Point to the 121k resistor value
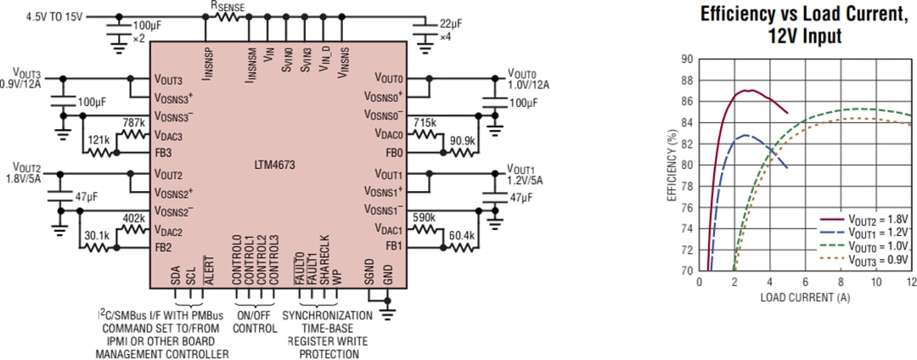click(x=97, y=139)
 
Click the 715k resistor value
click(x=425, y=123)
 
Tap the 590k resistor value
click(x=425, y=217)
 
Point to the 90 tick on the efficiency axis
click(x=687, y=59)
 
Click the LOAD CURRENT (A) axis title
click(x=804, y=298)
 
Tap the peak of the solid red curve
click(x=748, y=90)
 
